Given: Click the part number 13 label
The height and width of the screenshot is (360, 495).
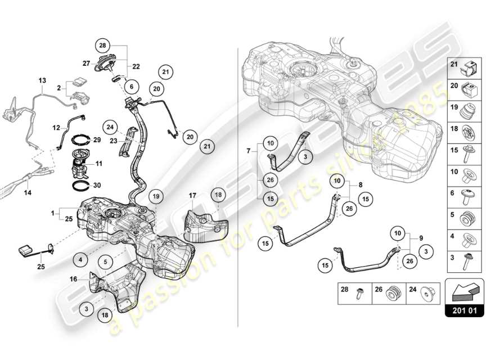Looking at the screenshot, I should [x=42, y=81].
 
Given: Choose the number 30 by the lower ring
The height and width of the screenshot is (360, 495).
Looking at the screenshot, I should [x=96, y=184].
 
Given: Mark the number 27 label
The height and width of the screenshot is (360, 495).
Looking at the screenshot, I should [x=87, y=64].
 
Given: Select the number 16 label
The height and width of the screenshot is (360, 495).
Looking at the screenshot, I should [x=74, y=278].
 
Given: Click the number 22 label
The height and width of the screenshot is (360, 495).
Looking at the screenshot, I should [x=136, y=66].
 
